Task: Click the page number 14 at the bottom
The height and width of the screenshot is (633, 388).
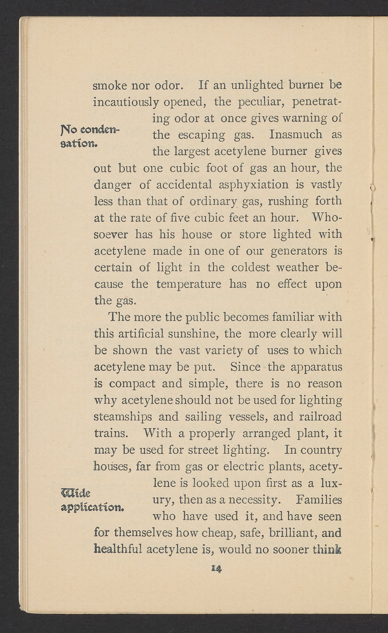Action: coord(216,569)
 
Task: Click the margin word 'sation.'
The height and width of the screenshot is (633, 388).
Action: coord(79,144)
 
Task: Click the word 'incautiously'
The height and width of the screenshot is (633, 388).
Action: coord(126,103)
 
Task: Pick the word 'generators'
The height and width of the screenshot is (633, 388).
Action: coord(299,251)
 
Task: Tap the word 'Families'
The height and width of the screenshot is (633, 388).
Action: coord(319,500)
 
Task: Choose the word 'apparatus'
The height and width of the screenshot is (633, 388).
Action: coord(316,367)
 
